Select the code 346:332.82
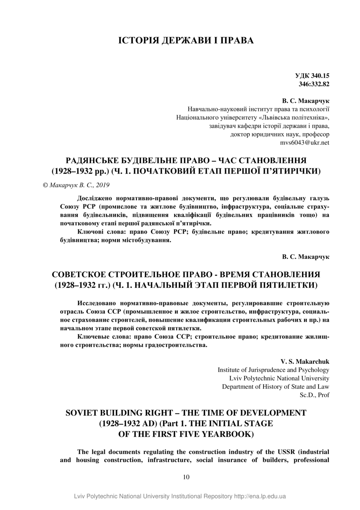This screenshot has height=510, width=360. coord(314,84)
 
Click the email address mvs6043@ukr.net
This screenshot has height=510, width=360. coord(305,143)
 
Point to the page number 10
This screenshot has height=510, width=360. coord(186,477)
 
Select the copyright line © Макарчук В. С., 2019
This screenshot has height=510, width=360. coord(76,185)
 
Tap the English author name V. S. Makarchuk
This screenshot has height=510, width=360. coord(305,362)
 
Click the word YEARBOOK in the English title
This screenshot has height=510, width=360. coord(217,433)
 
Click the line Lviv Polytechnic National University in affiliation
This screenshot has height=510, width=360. coord(279,378)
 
